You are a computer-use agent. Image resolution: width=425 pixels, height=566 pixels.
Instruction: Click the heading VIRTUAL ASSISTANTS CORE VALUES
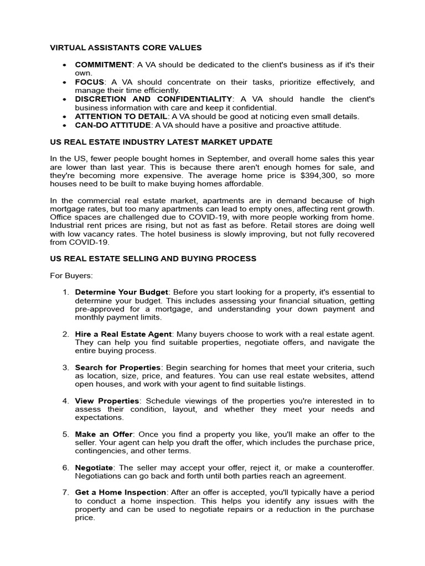[x=126, y=48]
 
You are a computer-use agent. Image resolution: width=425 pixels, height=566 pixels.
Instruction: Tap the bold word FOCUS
[x=90, y=82]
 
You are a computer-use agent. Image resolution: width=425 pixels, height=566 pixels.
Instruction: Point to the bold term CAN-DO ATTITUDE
[x=113, y=125]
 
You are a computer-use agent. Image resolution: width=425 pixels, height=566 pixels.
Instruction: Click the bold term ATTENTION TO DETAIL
[x=121, y=116]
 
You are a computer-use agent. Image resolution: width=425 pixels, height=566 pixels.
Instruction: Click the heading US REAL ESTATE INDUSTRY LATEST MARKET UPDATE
[x=161, y=142]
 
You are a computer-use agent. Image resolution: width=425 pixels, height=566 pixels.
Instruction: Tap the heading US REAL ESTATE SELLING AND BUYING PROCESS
[x=153, y=258]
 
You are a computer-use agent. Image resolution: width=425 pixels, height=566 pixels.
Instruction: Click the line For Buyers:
[x=71, y=275]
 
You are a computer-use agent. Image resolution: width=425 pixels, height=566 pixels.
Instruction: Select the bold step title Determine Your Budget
[x=121, y=292]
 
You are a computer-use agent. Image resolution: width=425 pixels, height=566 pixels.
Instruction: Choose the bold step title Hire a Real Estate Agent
[x=124, y=334]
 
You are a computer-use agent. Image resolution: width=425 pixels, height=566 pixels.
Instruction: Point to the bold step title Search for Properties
[x=118, y=367]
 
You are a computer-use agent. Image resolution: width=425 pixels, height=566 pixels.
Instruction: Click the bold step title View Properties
[x=107, y=401]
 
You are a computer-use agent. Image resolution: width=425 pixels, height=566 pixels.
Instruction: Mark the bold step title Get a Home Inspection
[x=121, y=492]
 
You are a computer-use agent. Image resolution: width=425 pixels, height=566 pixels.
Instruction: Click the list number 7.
[x=65, y=492]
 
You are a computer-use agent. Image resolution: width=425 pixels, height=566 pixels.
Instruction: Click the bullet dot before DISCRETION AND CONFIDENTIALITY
[x=65, y=99]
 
